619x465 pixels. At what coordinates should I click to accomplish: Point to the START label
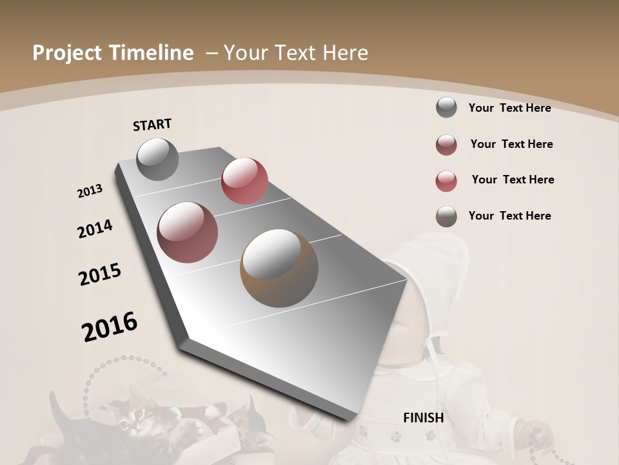(x=152, y=125)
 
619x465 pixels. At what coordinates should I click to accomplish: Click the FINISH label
(x=423, y=418)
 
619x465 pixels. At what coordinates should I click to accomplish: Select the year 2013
(x=90, y=191)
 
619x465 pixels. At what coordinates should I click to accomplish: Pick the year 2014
(x=95, y=229)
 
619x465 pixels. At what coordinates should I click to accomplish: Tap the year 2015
(x=100, y=274)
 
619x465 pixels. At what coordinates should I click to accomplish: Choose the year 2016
(x=110, y=327)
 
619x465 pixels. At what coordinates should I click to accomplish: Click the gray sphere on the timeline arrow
(x=157, y=159)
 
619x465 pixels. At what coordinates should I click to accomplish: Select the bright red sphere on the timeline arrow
(x=244, y=181)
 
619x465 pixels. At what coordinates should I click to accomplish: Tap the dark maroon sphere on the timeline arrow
(x=188, y=232)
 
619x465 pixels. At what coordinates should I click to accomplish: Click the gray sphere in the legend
(x=446, y=107)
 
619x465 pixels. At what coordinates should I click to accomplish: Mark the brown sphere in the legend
(x=446, y=216)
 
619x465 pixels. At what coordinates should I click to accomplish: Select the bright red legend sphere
(x=446, y=181)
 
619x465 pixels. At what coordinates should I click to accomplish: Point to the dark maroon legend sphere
(x=446, y=145)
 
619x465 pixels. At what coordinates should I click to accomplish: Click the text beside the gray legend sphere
(x=509, y=108)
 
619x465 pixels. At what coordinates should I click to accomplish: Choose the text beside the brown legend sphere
(x=509, y=216)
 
